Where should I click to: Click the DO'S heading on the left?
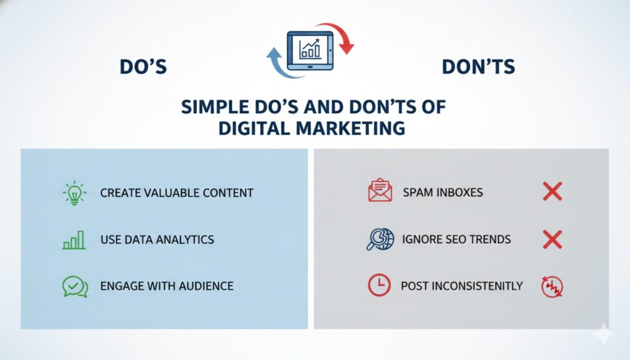point(143,67)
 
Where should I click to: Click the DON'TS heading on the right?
point(478,67)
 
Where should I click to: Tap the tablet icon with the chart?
point(309,47)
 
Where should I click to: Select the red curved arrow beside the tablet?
point(341,37)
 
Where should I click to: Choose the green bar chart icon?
point(74,239)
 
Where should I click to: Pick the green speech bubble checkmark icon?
point(75,286)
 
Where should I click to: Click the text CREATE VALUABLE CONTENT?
point(177,193)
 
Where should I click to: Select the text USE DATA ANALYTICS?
point(157,239)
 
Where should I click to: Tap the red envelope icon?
point(380,191)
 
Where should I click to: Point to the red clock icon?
point(379,285)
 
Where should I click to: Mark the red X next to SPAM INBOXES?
point(552,191)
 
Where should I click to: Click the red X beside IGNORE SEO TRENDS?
point(552,239)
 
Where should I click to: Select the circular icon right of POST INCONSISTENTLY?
point(552,286)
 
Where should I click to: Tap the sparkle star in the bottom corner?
point(604,333)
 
